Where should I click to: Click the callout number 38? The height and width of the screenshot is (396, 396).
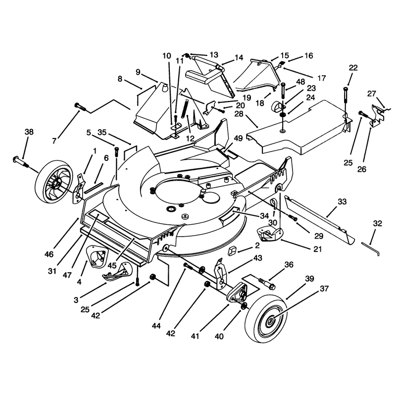click(29, 132)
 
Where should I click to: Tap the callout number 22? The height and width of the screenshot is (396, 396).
click(353, 68)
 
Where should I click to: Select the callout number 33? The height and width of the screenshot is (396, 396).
click(342, 201)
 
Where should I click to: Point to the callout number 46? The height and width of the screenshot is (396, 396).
click(49, 254)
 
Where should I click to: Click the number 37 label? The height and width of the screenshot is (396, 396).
click(324, 288)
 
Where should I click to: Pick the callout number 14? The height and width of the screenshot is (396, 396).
click(239, 57)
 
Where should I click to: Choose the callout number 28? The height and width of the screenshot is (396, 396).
click(239, 114)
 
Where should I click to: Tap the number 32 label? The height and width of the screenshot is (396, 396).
click(378, 223)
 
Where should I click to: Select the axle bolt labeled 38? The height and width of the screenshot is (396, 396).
click(21, 162)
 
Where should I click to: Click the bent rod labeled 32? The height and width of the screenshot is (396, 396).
click(370, 249)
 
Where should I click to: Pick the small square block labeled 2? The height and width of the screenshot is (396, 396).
click(232, 251)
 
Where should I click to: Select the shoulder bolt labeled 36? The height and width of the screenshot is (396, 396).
click(266, 283)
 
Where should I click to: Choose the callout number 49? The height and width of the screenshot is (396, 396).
click(238, 138)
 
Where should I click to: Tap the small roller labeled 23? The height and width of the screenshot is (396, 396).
click(277, 107)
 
